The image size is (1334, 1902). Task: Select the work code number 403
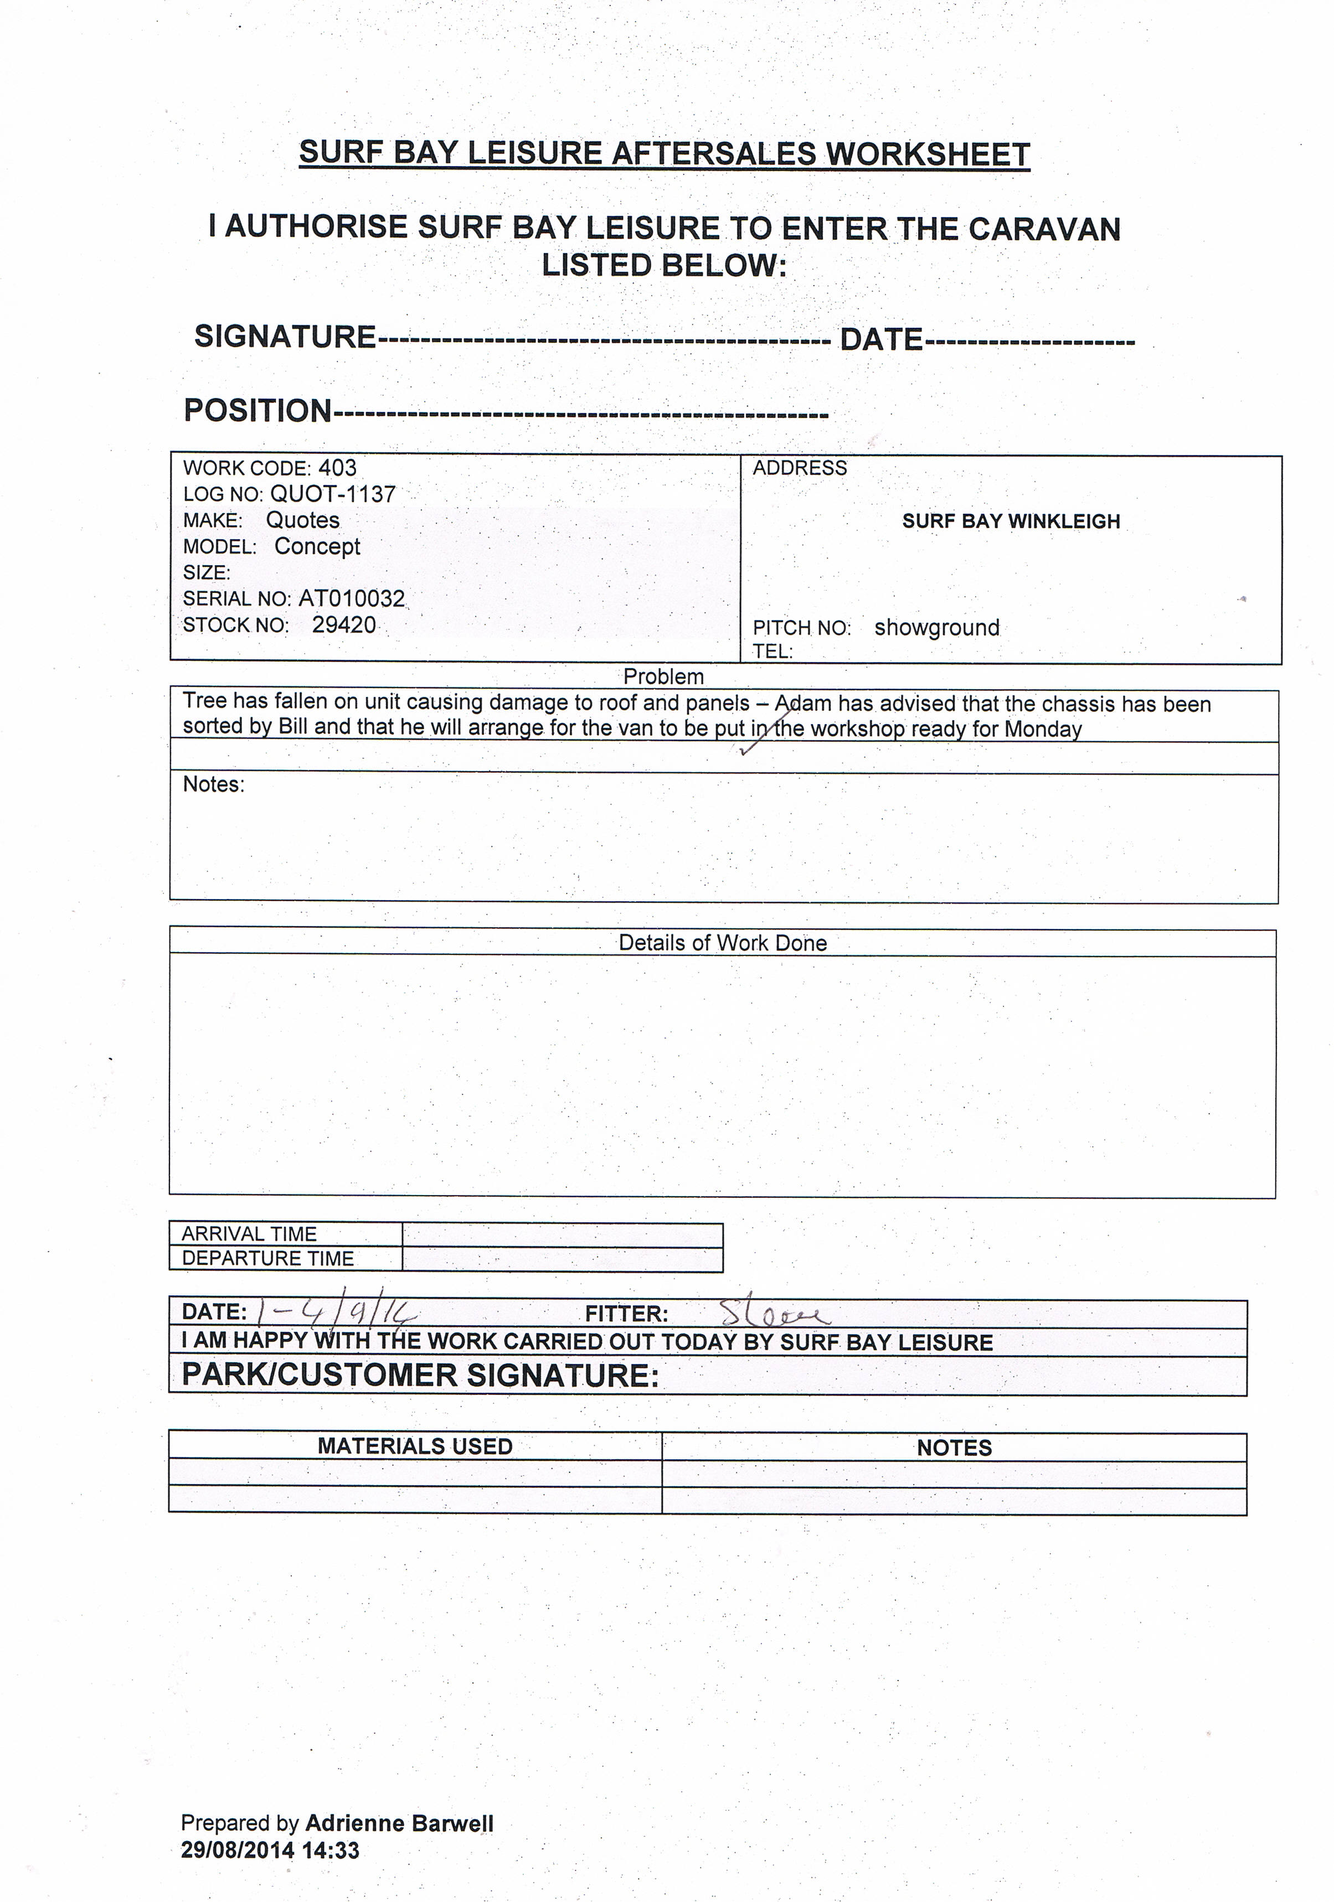tap(337, 468)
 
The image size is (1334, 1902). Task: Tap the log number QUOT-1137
tap(333, 494)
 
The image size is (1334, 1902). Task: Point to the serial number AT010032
tap(351, 599)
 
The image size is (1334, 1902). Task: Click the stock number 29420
tap(344, 626)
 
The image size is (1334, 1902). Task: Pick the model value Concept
tap(317, 547)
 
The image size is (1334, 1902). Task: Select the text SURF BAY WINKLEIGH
tap(1011, 521)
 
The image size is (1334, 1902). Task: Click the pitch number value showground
tap(936, 628)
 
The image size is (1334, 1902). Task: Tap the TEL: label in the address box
tap(772, 652)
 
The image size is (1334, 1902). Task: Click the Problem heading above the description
tap(664, 677)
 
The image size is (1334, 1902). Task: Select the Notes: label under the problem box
tap(214, 784)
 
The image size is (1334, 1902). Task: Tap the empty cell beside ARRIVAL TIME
tap(562, 1234)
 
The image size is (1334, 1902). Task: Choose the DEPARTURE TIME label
tap(267, 1259)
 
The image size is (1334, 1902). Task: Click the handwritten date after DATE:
tap(336, 1311)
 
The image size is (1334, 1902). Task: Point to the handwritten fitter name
tap(772, 1313)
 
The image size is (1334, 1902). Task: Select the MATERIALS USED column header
tap(415, 1446)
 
